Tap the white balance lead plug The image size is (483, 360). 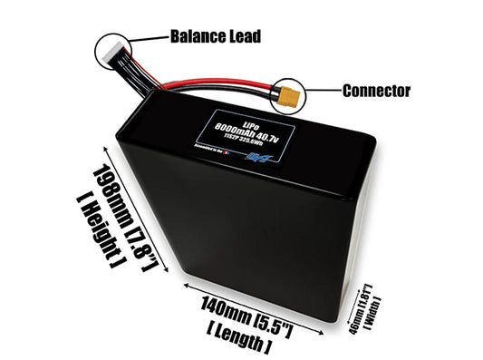point(111,54)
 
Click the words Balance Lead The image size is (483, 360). point(215,37)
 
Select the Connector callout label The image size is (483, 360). point(377,91)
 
